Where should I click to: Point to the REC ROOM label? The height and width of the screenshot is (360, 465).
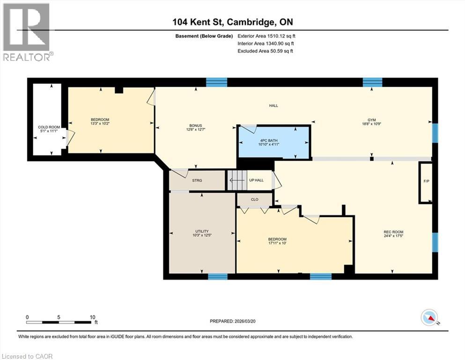393,232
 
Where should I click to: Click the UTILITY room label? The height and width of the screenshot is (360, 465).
202,231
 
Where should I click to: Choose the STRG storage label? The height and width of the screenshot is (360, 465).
197,180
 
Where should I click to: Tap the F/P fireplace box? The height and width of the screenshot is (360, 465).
426,182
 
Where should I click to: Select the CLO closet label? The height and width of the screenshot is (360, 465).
255,200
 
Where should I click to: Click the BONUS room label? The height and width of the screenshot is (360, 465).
195,126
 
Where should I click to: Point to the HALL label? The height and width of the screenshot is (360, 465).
273,105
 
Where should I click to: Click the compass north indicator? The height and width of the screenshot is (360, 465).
429,318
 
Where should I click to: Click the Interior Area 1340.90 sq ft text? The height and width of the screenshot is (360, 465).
266,44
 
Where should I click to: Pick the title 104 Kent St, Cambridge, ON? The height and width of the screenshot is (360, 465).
232,22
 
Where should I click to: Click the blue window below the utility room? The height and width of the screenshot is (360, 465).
218,277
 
